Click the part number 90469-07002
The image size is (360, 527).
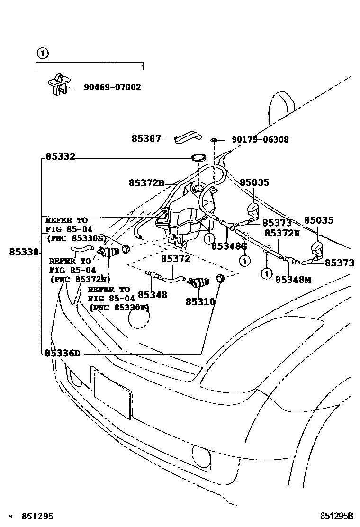(x=112, y=88)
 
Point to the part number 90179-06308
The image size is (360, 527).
(x=260, y=140)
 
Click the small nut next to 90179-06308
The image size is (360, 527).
(x=215, y=140)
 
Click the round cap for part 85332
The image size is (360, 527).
(x=198, y=158)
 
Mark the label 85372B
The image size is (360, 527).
(x=146, y=182)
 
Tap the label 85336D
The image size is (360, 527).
(x=63, y=353)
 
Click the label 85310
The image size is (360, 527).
(x=200, y=301)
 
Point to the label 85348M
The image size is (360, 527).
(x=293, y=280)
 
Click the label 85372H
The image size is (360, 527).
(x=282, y=233)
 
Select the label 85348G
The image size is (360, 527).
(x=229, y=246)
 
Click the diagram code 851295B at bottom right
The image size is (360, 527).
(x=337, y=516)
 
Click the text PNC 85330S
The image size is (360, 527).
(x=76, y=238)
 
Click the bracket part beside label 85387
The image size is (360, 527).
(x=186, y=138)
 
